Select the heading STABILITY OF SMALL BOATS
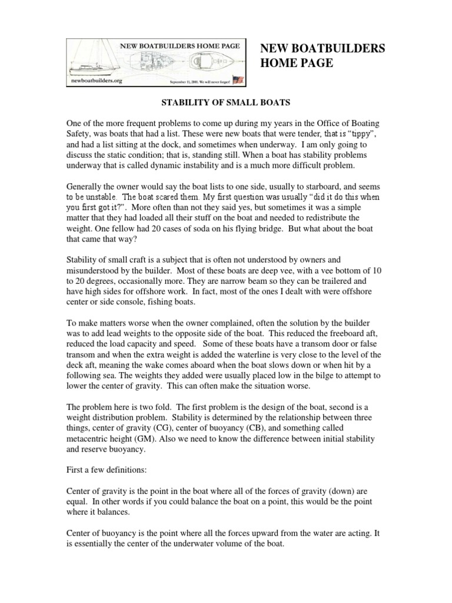coord(225,102)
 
